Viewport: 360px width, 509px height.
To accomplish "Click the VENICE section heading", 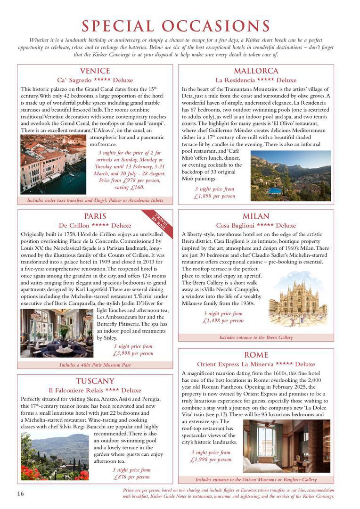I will tap(95, 71).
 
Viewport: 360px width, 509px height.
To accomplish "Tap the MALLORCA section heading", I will tap(256, 71).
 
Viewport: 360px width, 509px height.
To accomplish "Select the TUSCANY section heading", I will tap(95, 381).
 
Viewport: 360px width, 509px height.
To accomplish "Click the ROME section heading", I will tap(256, 355).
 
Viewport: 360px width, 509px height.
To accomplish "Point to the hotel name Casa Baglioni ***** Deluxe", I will tap(256, 225).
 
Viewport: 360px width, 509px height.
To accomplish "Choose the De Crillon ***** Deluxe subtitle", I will tap(95, 225).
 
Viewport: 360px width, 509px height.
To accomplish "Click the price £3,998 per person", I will tap(133, 353).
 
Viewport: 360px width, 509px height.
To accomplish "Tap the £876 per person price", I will tap(131, 477).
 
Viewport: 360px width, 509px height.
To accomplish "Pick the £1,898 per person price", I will tap(214, 196).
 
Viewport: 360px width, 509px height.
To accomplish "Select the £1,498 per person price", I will tap(223, 320).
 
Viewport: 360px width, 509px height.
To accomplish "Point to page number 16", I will tap(20, 493).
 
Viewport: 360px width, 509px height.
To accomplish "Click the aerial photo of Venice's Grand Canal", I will tap(53, 164).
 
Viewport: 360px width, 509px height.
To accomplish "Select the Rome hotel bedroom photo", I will tap(286, 446).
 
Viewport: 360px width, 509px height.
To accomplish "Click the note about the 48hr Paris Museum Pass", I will tap(95, 365).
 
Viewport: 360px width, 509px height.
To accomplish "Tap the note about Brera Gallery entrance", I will tap(256, 337).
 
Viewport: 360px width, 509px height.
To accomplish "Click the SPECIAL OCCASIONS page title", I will tap(176, 26).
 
